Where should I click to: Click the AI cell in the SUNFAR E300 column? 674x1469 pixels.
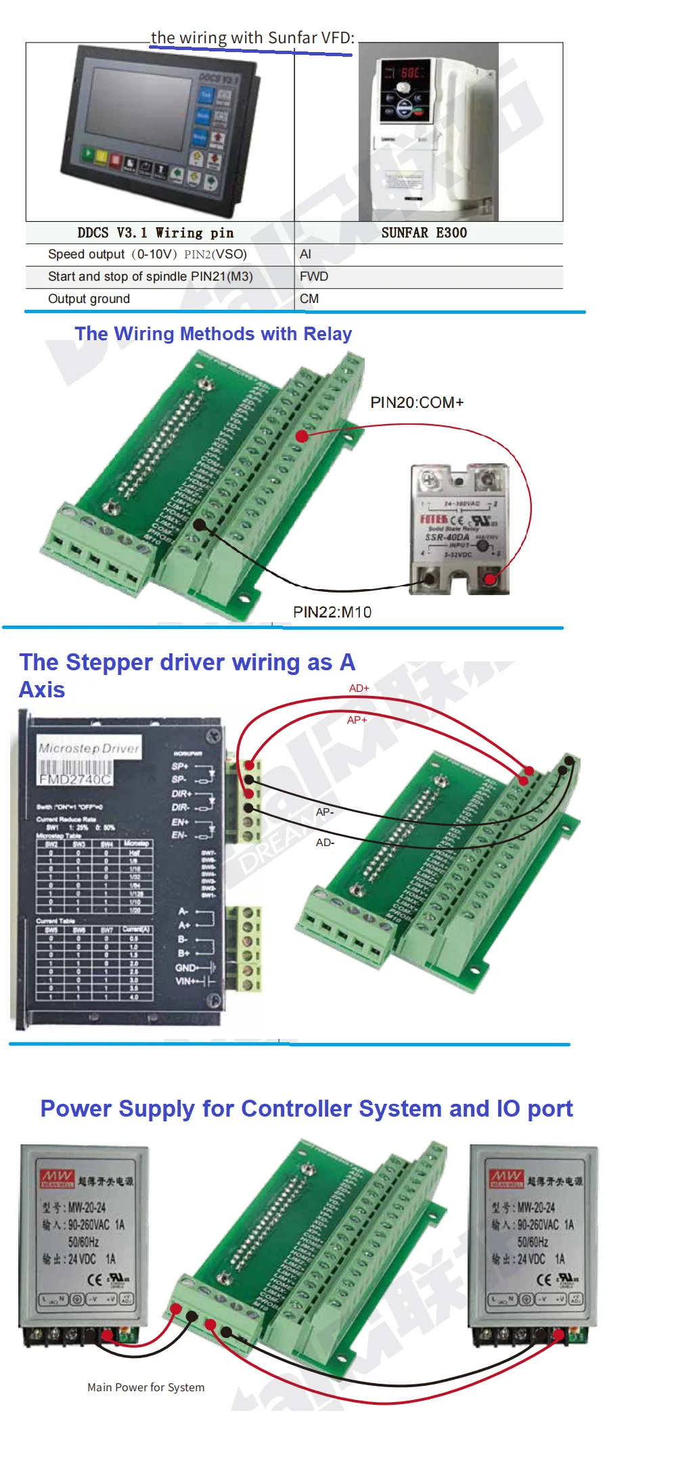coord(306,254)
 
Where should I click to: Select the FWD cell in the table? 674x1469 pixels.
coord(314,277)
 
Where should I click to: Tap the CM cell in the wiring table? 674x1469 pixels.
coord(309,299)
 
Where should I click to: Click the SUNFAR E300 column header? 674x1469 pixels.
coord(424,233)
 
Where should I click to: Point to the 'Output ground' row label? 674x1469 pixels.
coord(89,299)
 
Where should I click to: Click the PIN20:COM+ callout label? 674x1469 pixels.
coord(417,402)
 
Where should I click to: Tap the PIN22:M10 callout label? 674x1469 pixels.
coord(332,612)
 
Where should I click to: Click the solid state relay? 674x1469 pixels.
coord(459,528)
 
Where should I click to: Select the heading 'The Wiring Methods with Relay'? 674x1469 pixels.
coord(213,334)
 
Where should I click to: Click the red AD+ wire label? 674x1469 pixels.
coord(359,689)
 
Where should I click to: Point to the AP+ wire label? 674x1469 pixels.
coord(357,720)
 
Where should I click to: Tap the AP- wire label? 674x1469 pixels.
coord(325,812)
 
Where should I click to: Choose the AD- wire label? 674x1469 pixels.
coord(325,843)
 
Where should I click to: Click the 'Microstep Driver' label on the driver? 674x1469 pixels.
coord(89,749)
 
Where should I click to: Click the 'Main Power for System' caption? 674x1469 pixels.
coord(145,1387)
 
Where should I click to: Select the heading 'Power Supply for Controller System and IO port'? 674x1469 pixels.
coord(307,1109)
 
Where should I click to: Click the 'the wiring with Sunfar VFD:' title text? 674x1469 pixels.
coord(252,38)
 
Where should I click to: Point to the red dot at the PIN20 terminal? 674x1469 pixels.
coord(302,436)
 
